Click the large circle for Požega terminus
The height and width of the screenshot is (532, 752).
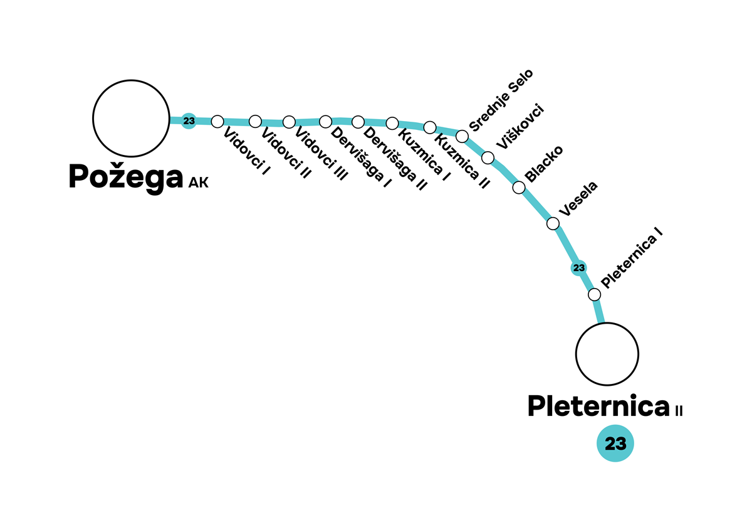click(131, 118)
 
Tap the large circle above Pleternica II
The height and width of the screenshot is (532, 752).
click(607, 354)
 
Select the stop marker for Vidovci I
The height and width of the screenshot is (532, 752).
click(217, 120)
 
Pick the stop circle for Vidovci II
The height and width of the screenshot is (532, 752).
click(255, 121)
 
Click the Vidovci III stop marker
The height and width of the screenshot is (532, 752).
click(289, 122)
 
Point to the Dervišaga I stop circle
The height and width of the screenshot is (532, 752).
click(325, 121)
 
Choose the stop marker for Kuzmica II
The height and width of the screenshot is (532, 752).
click(430, 127)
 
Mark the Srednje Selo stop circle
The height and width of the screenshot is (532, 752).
click(462, 136)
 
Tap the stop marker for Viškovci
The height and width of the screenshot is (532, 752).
click(488, 157)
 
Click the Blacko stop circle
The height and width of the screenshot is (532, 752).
click(519, 187)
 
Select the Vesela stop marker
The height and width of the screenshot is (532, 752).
click(553, 223)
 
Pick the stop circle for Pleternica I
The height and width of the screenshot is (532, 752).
click(594, 294)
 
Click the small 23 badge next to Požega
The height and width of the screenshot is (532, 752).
click(189, 120)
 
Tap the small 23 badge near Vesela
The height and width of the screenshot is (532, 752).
click(579, 268)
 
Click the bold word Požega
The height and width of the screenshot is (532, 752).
click(126, 177)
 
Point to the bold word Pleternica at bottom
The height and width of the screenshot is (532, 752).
click(599, 407)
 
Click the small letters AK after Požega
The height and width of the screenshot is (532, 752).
click(198, 184)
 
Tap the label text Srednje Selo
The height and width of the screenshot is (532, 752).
click(501, 100)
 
